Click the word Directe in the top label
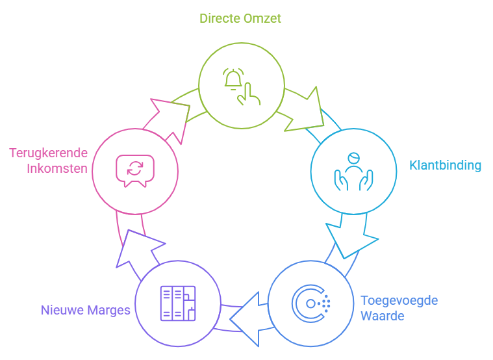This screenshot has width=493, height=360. [220, 18]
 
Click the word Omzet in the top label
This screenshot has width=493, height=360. [262, 18]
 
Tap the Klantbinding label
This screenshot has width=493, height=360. [445, 165]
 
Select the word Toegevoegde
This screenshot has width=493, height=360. [399, 301]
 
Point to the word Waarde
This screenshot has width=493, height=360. [383, 316]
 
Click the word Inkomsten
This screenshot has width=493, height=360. [57, 169]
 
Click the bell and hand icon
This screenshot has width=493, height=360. [241, 86]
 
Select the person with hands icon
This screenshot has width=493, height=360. [353, 172]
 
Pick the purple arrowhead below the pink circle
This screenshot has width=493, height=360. [138, 249]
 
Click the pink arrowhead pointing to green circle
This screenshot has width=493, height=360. [166, 117]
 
